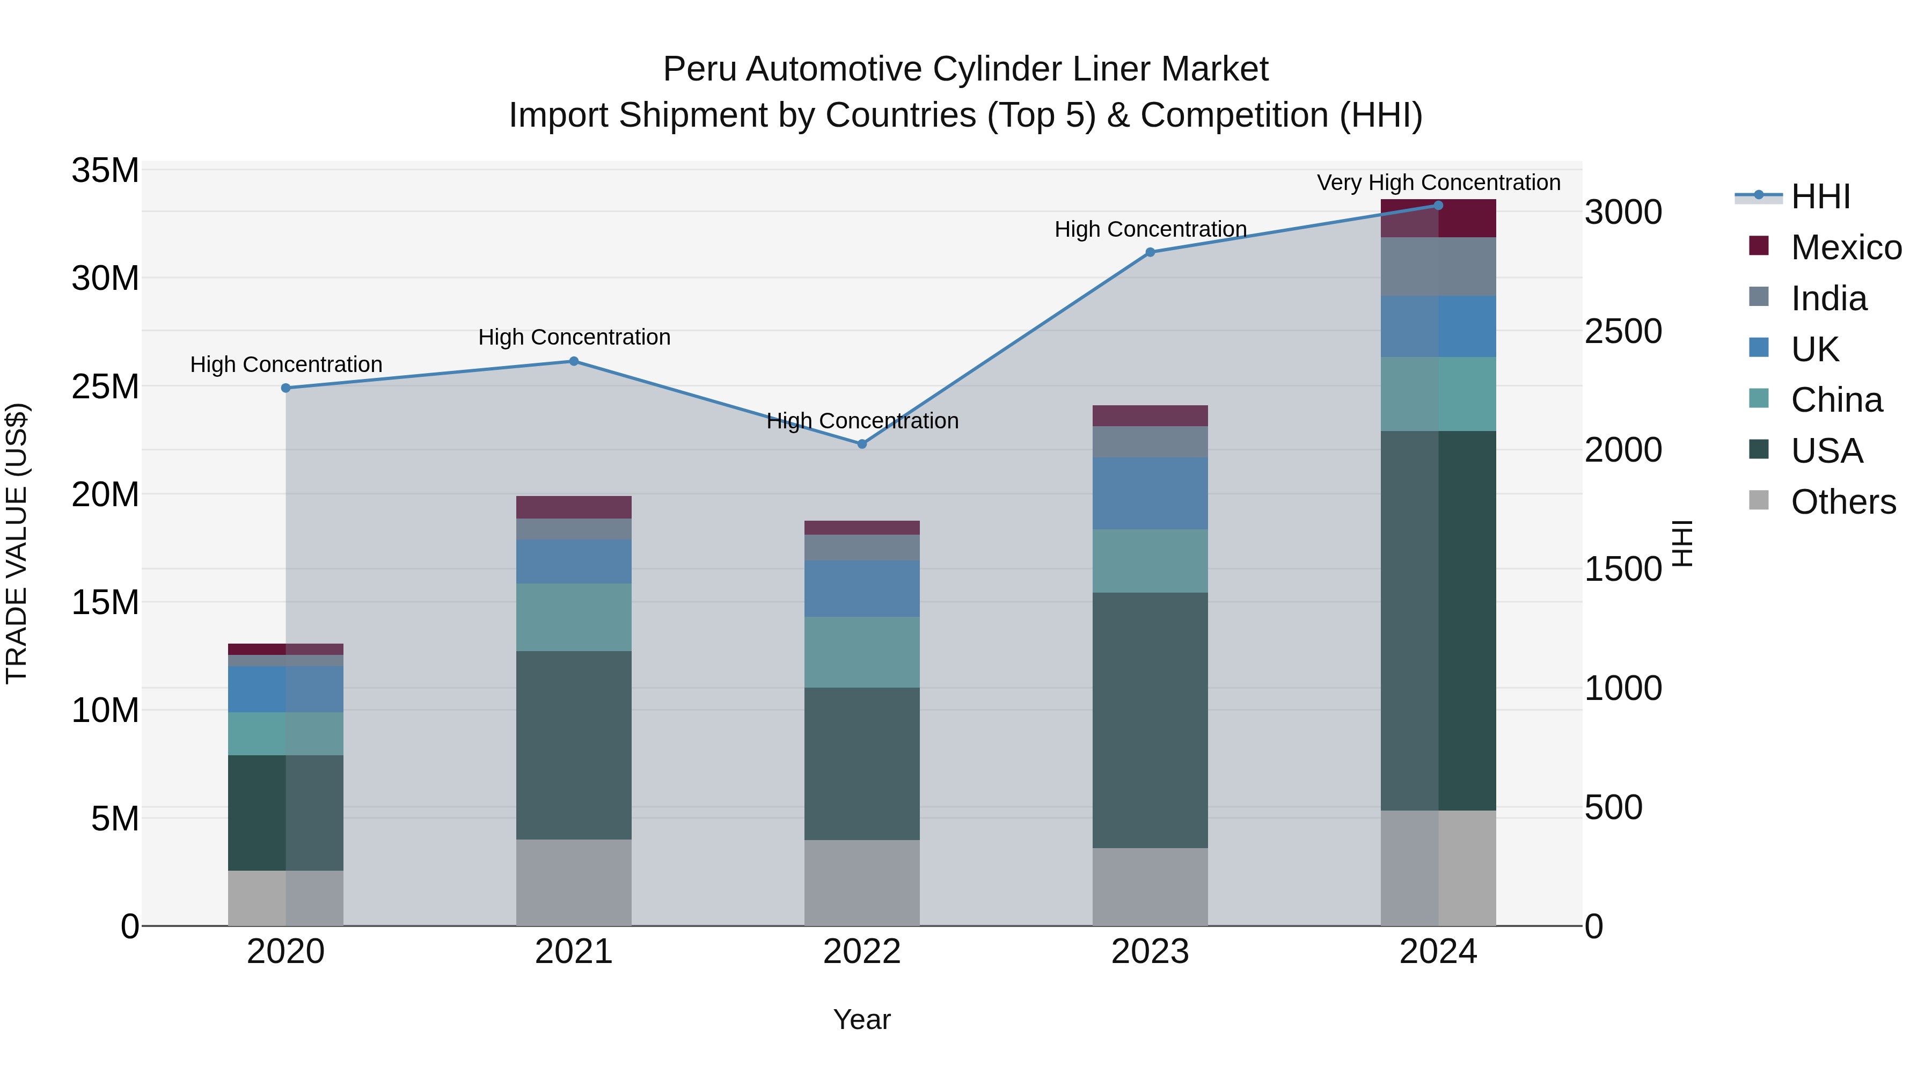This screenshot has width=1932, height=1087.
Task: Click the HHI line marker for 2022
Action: pyautogui.click(x=862, y=444)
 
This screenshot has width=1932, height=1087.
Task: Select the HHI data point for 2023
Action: pyautogui.click(x=1150, y=252)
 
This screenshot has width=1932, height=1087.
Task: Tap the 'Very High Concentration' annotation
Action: pyautogui.click(x=1438, y=183)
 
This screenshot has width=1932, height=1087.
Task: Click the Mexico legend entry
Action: pyautogui.click(x=1845, y=247)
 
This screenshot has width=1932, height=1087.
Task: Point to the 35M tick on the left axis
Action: pyautogui.click(x=105, y=170)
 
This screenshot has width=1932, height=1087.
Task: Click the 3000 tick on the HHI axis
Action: pyautogui.click(x=1623, y=212)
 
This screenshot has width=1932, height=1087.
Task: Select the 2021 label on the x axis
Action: pyautogui.click(x=574, y=952)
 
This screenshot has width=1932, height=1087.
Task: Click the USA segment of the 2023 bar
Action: pyautogui.click(x=1150, y=720)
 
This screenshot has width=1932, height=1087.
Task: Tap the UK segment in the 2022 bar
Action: pyautogui.click(x=862, y=589)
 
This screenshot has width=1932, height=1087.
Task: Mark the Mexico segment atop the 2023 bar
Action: pyautogui.click(x=1150, y=415)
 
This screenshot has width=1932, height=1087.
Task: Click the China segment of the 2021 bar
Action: pyautogui.click(x=574, y=617)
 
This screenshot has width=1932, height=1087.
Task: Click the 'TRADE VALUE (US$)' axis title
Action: pyautogui.click(x=17, y=543)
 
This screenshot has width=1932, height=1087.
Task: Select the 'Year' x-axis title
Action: pyautogui.click(x=862, y=1019)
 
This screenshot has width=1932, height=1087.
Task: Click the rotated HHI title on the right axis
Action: pyautogui.click(x=1683, y=543)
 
